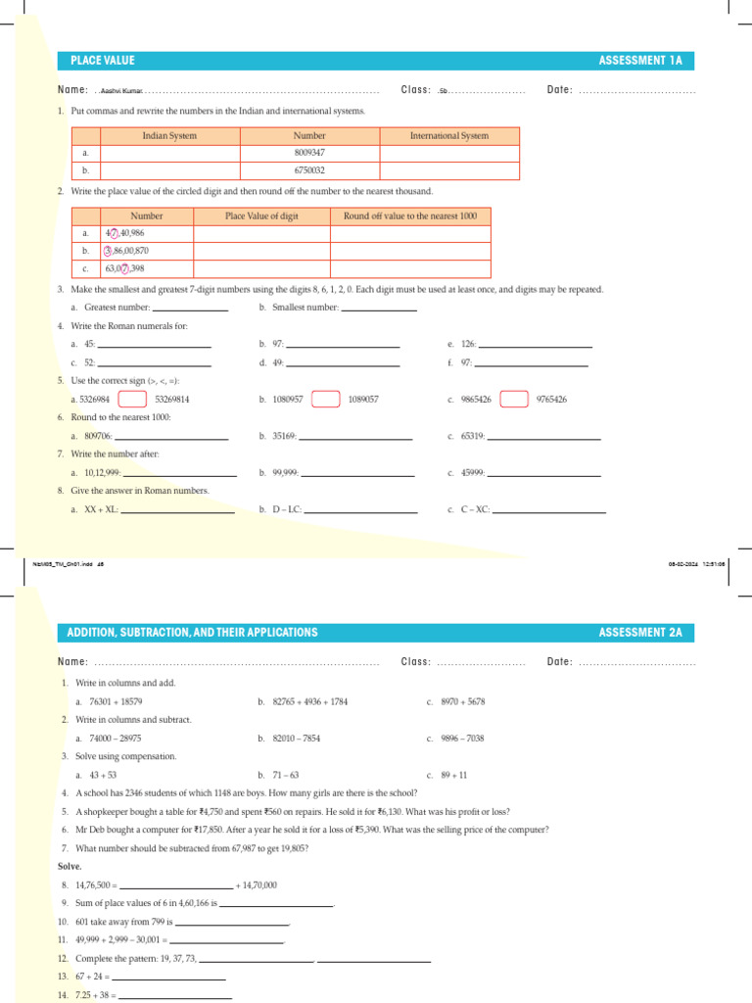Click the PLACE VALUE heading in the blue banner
[x=100, y=61]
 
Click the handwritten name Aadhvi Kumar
[x=121, y=91]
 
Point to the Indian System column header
[x=169, y=136]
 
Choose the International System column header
[x=448, y=136]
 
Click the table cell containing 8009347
[x=309, y=153]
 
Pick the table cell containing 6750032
[x=309, y=170]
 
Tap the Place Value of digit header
[x=261, y=215]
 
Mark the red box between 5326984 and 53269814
[x=132, y=400]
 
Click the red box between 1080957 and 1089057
[x=325, y=400]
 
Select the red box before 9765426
[x=514, y=400]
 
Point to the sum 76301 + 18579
[x=116, y=702]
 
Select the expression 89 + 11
[x=454, y=775]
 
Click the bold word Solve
[x=70, y=867]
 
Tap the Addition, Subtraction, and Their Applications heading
[x=194, y=633]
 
